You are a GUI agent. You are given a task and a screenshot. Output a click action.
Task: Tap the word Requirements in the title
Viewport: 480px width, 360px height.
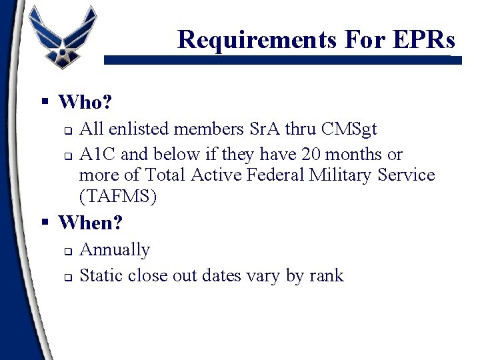[257, 40]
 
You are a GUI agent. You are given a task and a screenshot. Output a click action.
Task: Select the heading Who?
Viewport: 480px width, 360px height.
[85, 102]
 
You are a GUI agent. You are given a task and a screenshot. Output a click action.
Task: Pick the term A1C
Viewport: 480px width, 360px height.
[98, 154]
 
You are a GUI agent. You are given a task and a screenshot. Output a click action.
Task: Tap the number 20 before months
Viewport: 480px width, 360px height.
[310, 154]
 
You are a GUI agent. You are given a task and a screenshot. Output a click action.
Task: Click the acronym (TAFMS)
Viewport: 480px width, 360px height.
[117, 197]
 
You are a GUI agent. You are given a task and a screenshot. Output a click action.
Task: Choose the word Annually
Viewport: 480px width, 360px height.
[115, 250]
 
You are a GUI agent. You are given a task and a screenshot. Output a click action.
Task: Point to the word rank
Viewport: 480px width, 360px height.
[326, 275]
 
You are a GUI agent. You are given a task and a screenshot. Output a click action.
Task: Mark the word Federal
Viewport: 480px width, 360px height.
[265, 175]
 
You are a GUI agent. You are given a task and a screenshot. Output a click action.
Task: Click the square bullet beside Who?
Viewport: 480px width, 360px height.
[45, 102]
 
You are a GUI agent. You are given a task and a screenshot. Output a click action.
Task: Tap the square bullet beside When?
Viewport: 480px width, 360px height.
[45, 222]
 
